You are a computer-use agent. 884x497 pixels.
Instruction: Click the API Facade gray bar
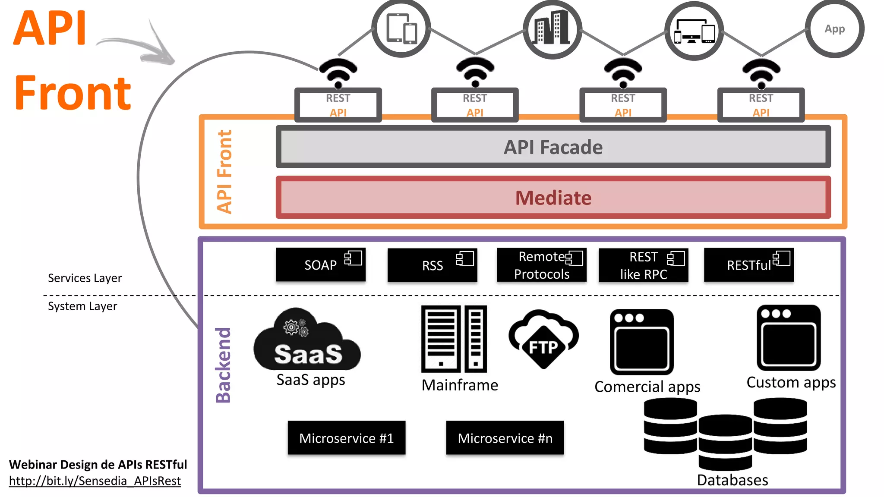pos(553,147)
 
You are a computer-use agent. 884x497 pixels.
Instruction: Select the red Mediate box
pos(553,198)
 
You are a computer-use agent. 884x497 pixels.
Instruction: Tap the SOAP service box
pos(320,265)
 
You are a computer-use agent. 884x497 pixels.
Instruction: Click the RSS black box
pos(432,265)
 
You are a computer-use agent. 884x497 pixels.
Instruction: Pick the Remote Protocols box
pos(541,265)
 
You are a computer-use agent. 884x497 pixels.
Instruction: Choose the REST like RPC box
pos(643,265)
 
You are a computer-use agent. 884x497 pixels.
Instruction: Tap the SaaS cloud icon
pos(307,341)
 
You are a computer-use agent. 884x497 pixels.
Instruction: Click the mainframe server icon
pos(454,339)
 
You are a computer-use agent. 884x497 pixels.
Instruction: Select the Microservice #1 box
pos(346,438)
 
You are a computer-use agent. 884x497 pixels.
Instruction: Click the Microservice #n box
pos(505,438)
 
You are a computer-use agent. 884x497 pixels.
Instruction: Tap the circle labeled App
pos(834,29)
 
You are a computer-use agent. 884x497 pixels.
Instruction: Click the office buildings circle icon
pos(552,29)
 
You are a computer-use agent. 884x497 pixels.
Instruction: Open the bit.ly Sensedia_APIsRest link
pos(95,481)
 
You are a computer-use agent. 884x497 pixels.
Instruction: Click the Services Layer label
pos(85,278)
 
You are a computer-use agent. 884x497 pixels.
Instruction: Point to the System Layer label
pos(82,306)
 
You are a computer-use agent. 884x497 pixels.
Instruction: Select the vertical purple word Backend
pos(223,365)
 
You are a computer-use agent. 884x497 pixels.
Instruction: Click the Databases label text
pos(732,480)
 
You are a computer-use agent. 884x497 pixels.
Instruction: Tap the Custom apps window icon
pos(788,338)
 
